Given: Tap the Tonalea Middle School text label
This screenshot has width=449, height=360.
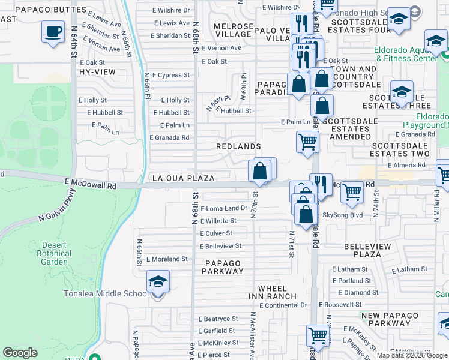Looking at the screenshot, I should tap(106, 293).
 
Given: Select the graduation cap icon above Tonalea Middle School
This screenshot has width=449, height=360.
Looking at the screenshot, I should tap(157, 281).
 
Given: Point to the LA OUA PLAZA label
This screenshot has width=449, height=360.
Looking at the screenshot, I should tap(183, 178).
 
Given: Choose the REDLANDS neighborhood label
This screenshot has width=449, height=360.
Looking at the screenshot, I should tap(238, 146).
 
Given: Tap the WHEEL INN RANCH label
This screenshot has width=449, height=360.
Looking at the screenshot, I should tap(273, 292).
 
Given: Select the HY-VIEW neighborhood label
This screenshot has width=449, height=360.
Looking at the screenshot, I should tap(97, 71).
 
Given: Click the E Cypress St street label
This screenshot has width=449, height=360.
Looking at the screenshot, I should tap(170, 75).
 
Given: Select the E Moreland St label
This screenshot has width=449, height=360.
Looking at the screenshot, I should tap(167, 259).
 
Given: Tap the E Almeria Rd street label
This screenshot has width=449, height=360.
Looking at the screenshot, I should tap(406, 165).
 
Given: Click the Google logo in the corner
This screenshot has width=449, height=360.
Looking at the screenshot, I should tap(20, 353).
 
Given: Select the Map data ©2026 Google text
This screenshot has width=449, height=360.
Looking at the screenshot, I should tap(411, 355).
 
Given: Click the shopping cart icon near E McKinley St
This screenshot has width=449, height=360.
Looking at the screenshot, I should tap(318, 335).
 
